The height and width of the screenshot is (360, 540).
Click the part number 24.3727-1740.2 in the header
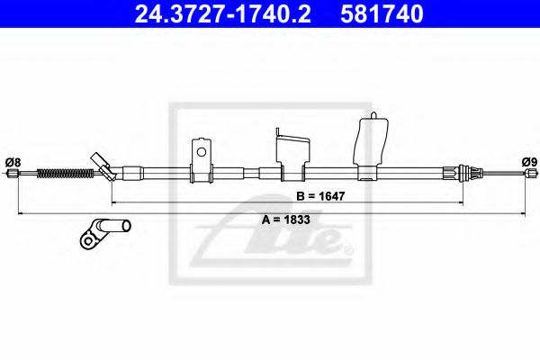(x=217, y=13)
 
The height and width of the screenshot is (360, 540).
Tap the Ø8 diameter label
(x=13, y=161)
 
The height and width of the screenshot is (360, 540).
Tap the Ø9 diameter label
(x=528, y=161)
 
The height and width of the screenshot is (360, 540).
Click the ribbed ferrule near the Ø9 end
(x=463, y=172)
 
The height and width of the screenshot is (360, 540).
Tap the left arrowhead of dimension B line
(x=114, y=202)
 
